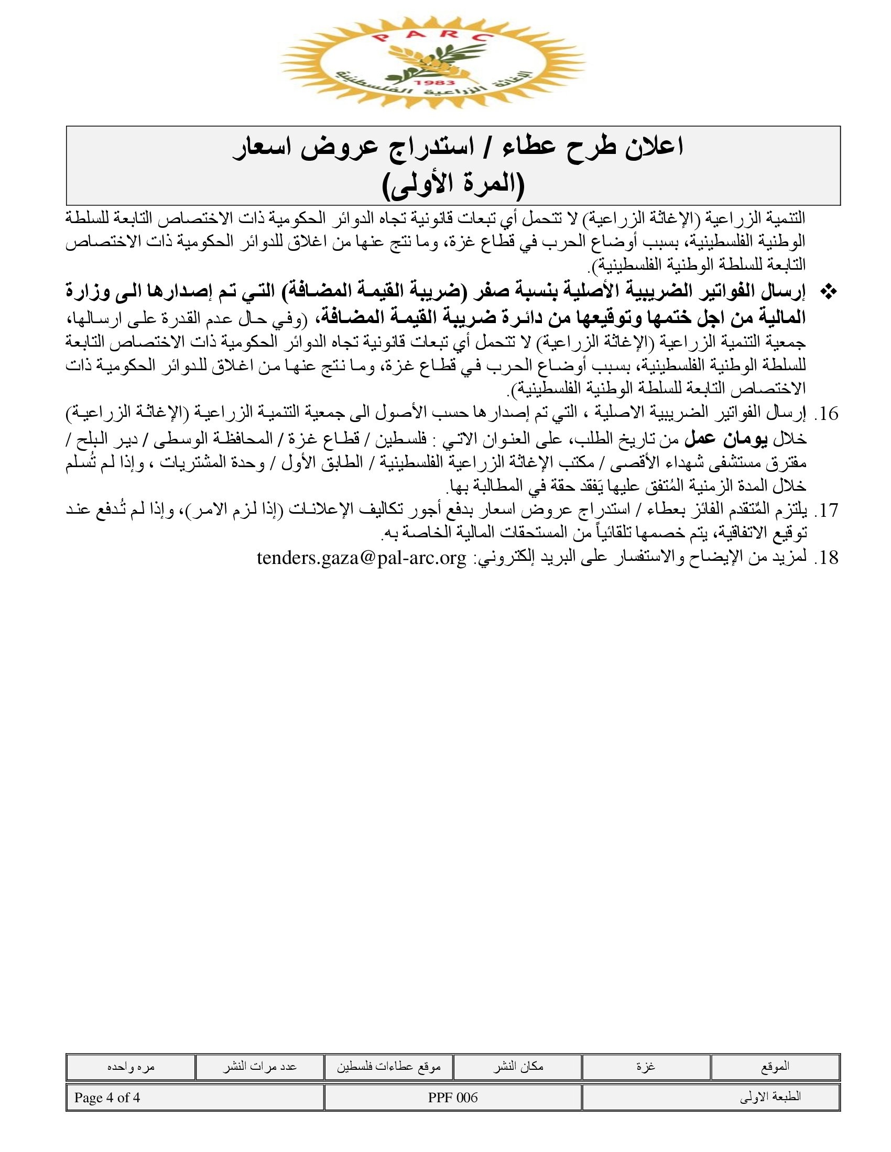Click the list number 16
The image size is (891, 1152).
point(826,414)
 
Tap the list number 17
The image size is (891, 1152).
point(826,511)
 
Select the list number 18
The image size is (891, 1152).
point(826,558)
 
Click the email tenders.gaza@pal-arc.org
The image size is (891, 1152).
point(362,558)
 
